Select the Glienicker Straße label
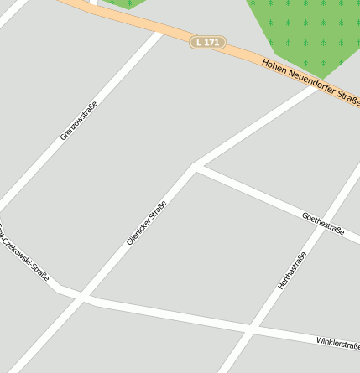click(x=147, y=221)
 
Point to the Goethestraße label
click(x=323, y=224)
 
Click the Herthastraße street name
click(x=292, y=271)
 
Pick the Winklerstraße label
click(x=337, y=343)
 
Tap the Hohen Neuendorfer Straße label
click(x=310, y=82)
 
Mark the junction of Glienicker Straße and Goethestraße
click(x=195, y=165)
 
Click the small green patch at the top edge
click(x=123, y=3)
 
